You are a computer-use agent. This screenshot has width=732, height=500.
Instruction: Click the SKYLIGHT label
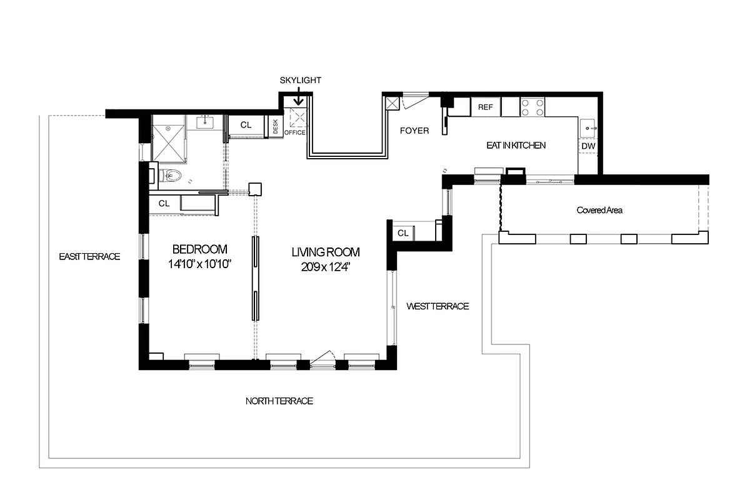(x=300, y=81)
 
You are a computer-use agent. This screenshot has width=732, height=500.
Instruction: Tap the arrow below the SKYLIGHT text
(x=299, y=98)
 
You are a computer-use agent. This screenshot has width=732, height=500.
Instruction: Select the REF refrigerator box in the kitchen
(x=485, y=107)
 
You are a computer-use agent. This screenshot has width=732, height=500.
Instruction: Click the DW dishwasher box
(x=588, y=146)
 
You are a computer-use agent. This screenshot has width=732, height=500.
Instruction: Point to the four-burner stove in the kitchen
(x=533, y=107)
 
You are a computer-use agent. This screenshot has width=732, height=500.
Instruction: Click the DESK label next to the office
(x=275, y=126)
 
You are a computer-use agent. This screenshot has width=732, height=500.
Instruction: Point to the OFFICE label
(x=294, y=132)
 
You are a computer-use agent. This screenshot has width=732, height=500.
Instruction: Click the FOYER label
(x=414, y=131)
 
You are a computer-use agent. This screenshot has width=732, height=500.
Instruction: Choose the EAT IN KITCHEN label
(x=516, y=145)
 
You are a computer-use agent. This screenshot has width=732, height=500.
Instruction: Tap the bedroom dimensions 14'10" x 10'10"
(x=200, y=264)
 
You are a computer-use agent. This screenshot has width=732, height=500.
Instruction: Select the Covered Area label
(x=599, y=210)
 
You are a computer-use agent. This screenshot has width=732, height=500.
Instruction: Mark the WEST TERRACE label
(x=437, y=306)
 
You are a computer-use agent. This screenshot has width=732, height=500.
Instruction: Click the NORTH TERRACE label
(x=279, y=401)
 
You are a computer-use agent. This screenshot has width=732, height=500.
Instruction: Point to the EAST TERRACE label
(x=89, y=256)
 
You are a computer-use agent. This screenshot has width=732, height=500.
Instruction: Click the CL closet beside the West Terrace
(x=403, y=233)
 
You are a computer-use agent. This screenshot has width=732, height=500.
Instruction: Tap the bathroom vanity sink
(x=206, y=122)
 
